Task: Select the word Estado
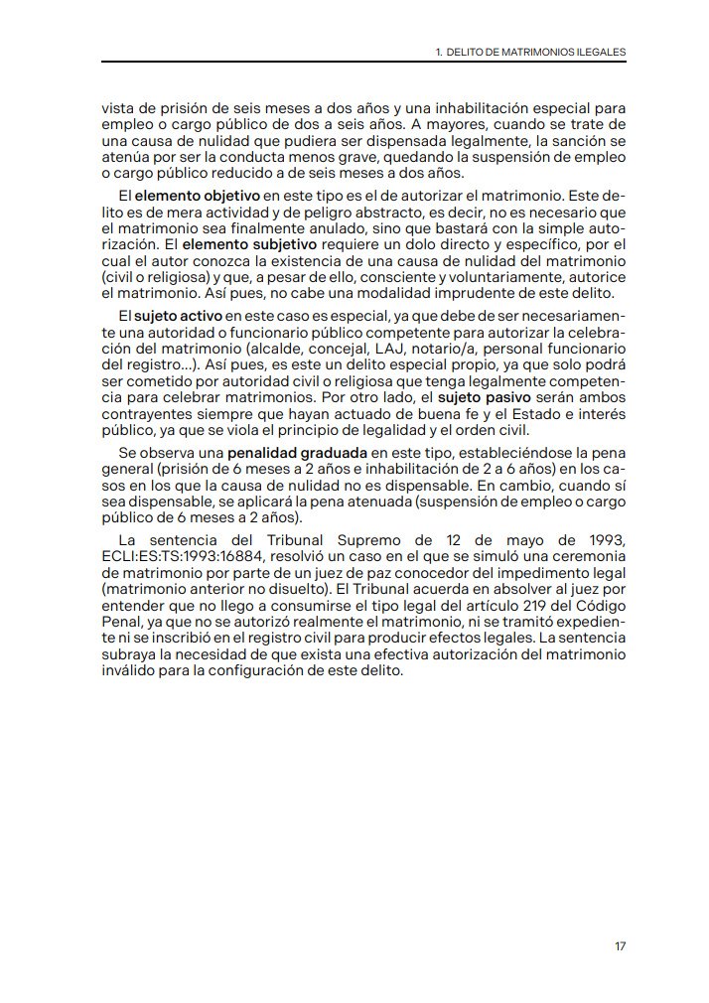pyautogui.click(x=515, y=412)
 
